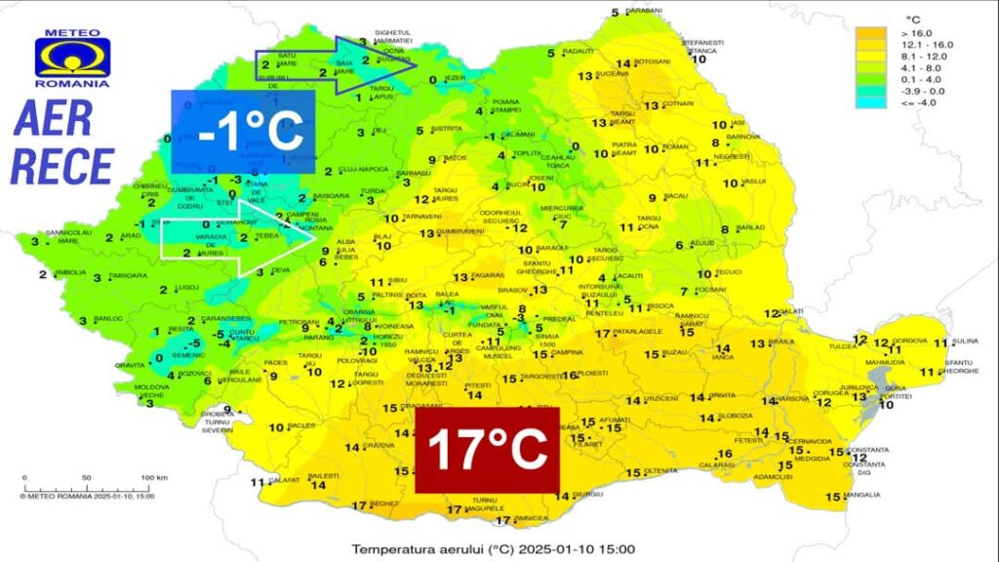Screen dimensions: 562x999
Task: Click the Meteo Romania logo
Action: pyautogui.click(x=73, y=58)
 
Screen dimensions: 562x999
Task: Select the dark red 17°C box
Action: pyautogui.click(x=487, y=450)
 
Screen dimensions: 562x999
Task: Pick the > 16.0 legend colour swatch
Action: pyautogui.click(x=864, y=33)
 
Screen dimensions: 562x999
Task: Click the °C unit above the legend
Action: pyautogui.click(x=913, y=20)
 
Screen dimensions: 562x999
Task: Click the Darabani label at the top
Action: pyautogui.click(x=644, y=11)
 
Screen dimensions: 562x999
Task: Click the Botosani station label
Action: pyautogui.click(x=654, y=62)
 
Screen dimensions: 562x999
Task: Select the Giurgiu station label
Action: pyautogui.click(x=588, y=495)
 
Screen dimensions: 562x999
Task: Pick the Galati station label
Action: pyautogui.click(x=791, y=312)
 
